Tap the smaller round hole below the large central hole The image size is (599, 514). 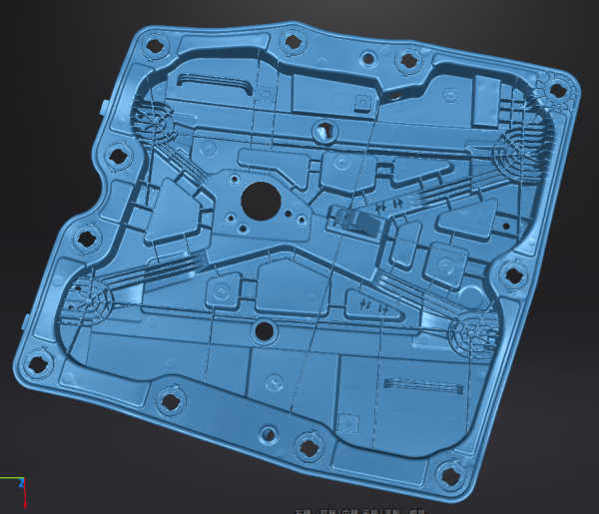coord(264,330)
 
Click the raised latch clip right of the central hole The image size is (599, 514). coord(355,220)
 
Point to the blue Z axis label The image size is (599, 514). coord(22,483)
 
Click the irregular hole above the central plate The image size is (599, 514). coord(322,128)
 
